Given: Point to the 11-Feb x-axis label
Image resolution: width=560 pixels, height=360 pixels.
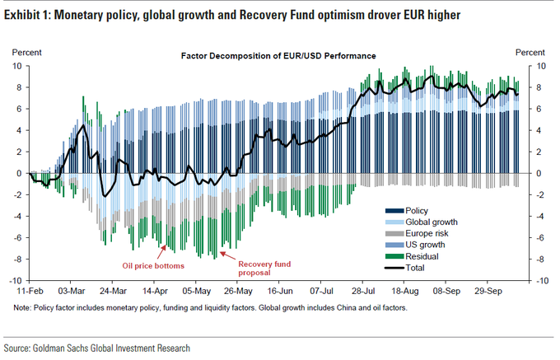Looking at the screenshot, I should tap(30, 291).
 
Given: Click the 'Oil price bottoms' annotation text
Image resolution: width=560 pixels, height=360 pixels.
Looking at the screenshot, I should tap(150, 265).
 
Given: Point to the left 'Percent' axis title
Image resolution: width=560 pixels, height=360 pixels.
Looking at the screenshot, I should tap(22, 52).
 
